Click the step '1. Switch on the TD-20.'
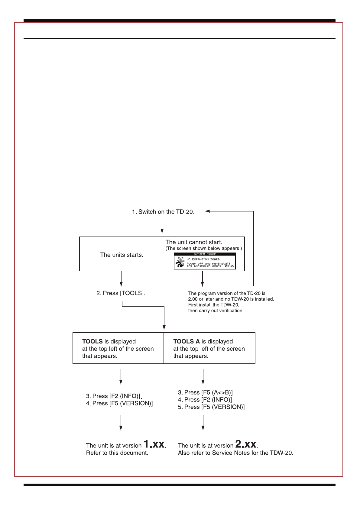[163, 212]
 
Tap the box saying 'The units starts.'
[122, 255]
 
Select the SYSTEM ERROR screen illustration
[205, 261]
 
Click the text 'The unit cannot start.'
[194, 242]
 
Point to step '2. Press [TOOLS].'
[121, 293]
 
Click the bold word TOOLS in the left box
[92, 342]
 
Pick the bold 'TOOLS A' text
[186, 342]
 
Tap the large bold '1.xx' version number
[154, 444]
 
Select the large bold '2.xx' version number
[246, 444]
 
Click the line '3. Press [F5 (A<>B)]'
[206, 392]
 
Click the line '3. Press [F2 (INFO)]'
[113, 396]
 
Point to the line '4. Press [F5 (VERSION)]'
[120, 403]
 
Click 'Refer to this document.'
[117, 453]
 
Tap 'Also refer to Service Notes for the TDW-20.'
[235, 453]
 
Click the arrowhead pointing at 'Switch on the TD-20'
[207, 211]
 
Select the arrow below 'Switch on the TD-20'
[162, 226]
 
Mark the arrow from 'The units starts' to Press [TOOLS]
[121, 279]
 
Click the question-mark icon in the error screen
[180, 264]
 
